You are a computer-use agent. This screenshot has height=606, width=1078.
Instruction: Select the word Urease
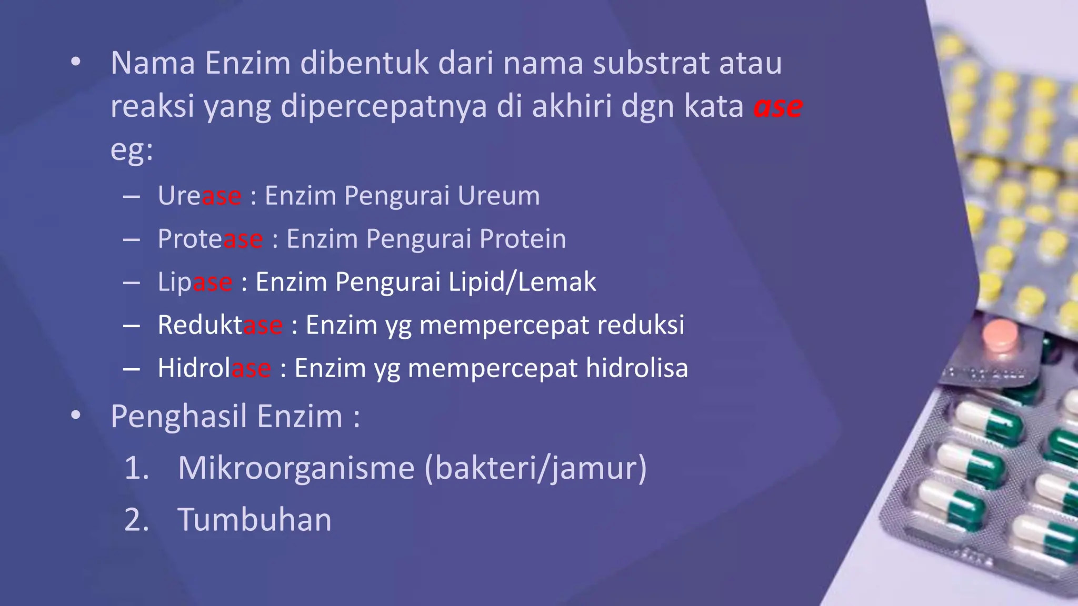click(x=199, y=196)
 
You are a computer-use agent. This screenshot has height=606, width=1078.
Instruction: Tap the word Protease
click(x=210, y=239)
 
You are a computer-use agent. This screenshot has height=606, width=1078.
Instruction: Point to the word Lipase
click(x=195, y=282)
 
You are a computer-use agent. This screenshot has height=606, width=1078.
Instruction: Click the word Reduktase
click(x=220, y=325)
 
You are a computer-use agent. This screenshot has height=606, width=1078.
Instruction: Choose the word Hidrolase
click(x=214, y=368)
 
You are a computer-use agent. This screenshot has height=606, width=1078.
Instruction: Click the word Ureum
click(x=498, y=196)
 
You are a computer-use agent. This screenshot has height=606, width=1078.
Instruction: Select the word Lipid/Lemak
click(x=522, y=282)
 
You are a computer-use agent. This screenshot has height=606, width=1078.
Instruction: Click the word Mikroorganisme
click(x=296, y=468)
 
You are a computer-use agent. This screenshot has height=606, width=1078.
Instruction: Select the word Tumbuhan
click(x=255, y=520)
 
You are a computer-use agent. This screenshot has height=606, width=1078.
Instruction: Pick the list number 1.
click(x=136, y=468)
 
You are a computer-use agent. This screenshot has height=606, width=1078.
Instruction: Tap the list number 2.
click(x=136, y=520)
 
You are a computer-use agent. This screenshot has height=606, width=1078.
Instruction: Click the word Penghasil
click(x=179, y=417)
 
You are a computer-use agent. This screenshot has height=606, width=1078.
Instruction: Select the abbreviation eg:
click(x=132, y=150)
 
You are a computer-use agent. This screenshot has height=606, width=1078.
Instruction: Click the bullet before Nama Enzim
click(x=76, y=63)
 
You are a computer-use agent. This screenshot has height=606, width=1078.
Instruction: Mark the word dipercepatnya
click(x=384, y=107)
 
